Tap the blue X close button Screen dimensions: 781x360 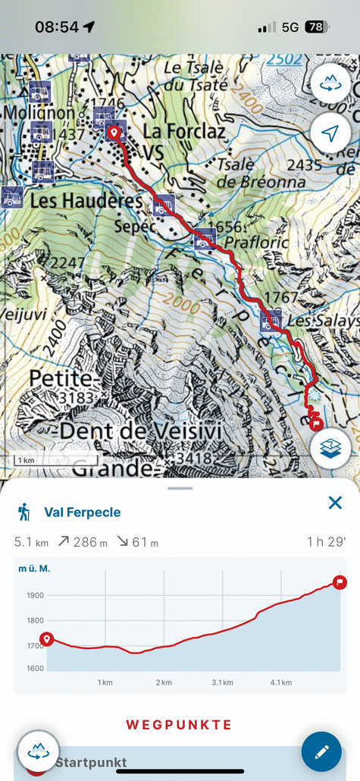[335, 502]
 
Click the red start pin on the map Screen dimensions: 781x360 [114, 133]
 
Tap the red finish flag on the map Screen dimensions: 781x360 [317, 423]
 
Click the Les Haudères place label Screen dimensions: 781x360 [86, 202]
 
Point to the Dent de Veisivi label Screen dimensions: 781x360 [125, 431]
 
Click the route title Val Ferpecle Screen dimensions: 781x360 [83, 513]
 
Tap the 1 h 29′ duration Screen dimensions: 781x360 [325, 542]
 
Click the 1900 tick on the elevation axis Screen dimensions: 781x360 [36, 595]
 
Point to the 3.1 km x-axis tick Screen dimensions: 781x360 [223, 682]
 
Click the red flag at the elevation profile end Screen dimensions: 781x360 [340, 582]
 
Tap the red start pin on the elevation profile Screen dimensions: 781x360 [47, 640]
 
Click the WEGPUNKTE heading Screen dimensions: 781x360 [179, 725]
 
